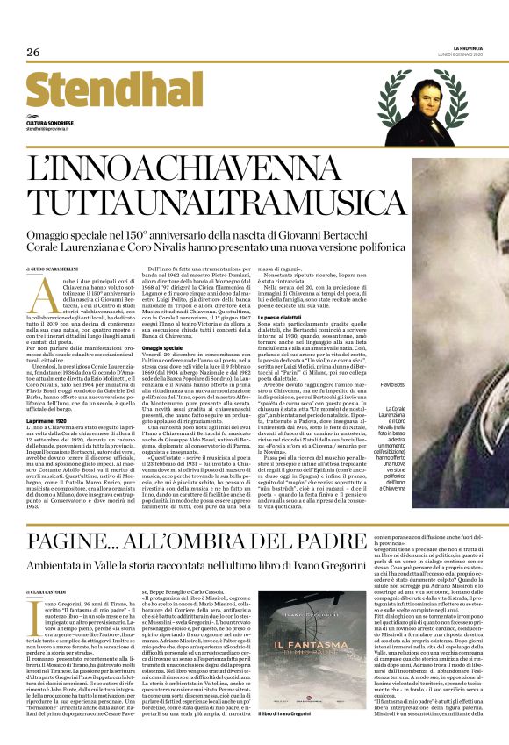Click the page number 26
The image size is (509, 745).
[x=33, y=52]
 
